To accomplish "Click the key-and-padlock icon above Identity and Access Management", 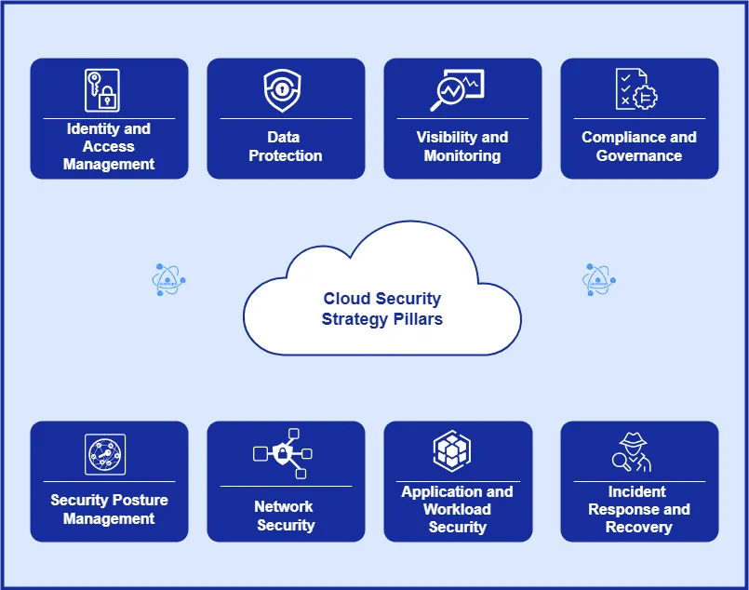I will [x=103, y=90].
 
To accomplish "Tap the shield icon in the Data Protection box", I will [x=282, y=90].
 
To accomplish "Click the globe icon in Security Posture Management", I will [x=104, y=455].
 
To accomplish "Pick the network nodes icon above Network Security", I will [x=283, y=453].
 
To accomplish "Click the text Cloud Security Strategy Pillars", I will [x=381, y=309].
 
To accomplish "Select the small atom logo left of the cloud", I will [x=168, y=279].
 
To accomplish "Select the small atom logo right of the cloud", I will [x=599, y=279].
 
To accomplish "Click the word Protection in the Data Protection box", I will [x=286, y=155].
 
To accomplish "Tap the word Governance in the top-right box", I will [x=639, y=155].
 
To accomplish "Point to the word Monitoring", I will [x=462, y=155].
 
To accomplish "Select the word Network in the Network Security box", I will [x=284, y=506].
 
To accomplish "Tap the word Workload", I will [x=457, y=509].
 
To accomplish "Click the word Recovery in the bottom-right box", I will [x=638, y=527].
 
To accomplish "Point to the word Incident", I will [x=637, y=491].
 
